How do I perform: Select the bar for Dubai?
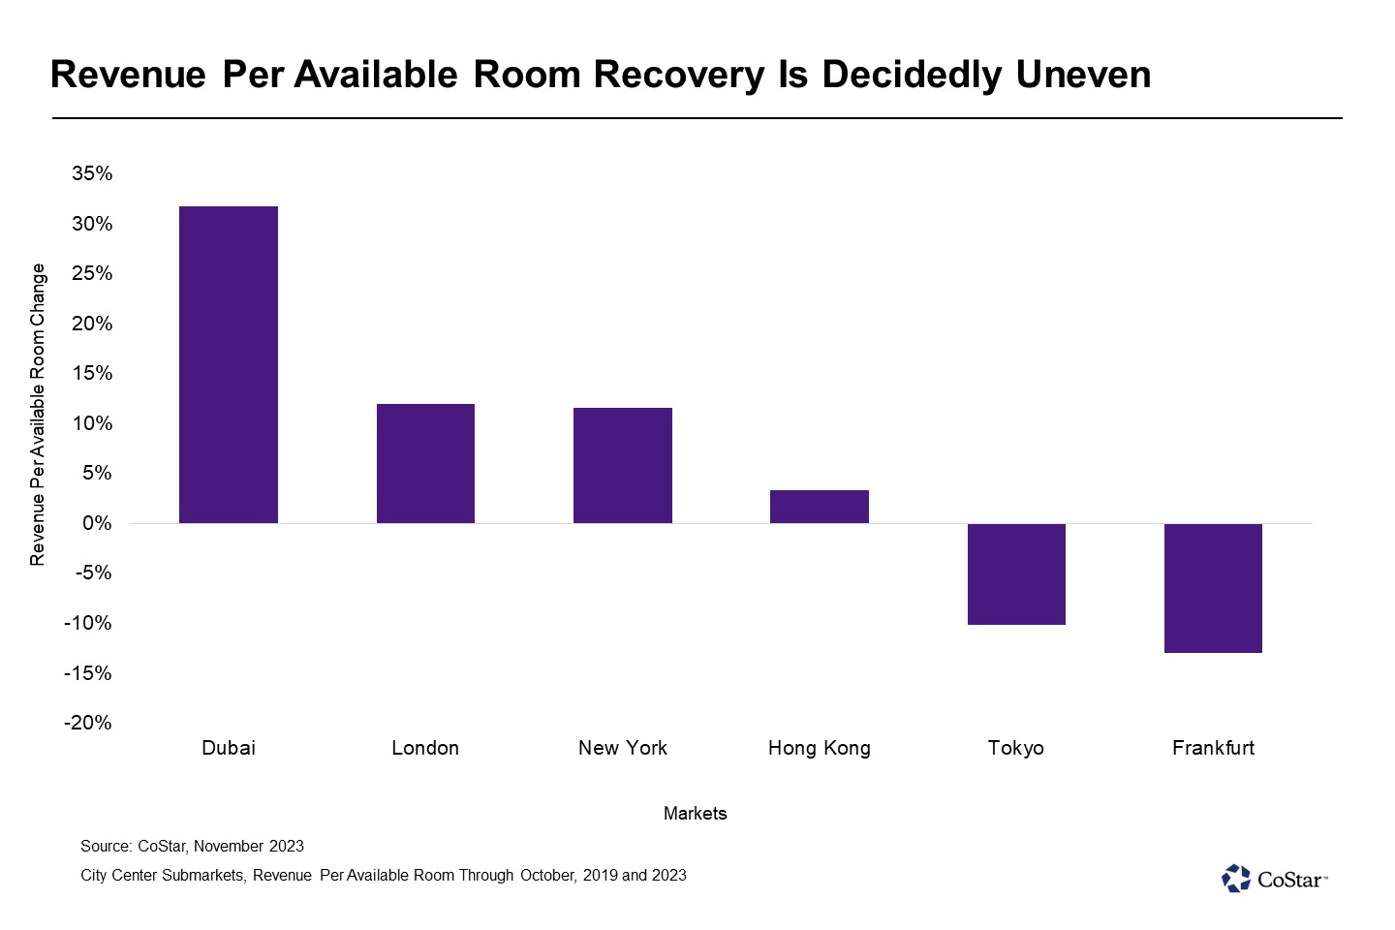[x=229, y=364]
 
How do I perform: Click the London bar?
[x=425, y=463]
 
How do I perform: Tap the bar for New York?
[x=623, y=465]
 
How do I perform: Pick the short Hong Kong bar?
[x=820, y=507]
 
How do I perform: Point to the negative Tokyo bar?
[x=1016, y=573]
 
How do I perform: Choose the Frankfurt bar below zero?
[x=1213, y=588]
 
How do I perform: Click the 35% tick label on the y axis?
[x=92, y=173]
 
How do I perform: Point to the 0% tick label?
[x=97, y=523]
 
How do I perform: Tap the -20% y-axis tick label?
[x=88, y=723]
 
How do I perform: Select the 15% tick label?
[x=92, y=373]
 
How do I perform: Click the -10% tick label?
[x=88, y=623]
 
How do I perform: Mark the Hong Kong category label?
[x=820, y=748]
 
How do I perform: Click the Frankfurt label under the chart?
[x=1213, y=748]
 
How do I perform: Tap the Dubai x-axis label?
[x=229, y=748]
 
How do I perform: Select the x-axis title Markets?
[x=695, y=813]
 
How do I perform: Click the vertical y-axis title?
[x=38, y=415]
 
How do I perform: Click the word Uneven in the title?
[x=1083, y=75]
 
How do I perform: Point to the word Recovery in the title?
[x=679, y=76]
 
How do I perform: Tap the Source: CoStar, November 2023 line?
[x=193, y=846]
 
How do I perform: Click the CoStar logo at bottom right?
[x=1274, y=879]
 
